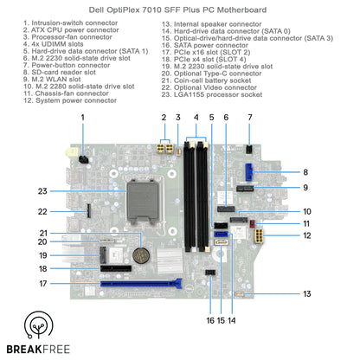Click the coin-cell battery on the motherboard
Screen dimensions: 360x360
[x=141, y=255]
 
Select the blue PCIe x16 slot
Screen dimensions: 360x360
[x=141, y=284]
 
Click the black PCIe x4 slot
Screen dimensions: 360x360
[x=116, y=268]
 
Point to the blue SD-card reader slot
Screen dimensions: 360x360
[x=249, y=172]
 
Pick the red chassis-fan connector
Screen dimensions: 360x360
[x=253, y=223]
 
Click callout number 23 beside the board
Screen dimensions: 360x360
[x=42, y=191]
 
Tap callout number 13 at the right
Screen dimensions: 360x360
[x=307, y=294]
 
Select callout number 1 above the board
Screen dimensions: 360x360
[x=83, y=118]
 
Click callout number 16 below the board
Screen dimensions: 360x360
[x=210, y=320]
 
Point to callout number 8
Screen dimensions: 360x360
[x=305, y=172]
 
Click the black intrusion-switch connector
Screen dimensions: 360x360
[x=84, y=159]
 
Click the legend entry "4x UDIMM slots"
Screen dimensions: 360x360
[x=54, y=44]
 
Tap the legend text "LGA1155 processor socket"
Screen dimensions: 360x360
[x=212, y=94]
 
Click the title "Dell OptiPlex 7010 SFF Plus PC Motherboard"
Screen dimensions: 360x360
[x=177, y=10]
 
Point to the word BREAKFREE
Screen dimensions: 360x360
[x=38, y=350]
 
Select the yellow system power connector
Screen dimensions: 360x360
[x=259, y=236]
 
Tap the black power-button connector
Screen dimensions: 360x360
[x=249, y=150]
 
